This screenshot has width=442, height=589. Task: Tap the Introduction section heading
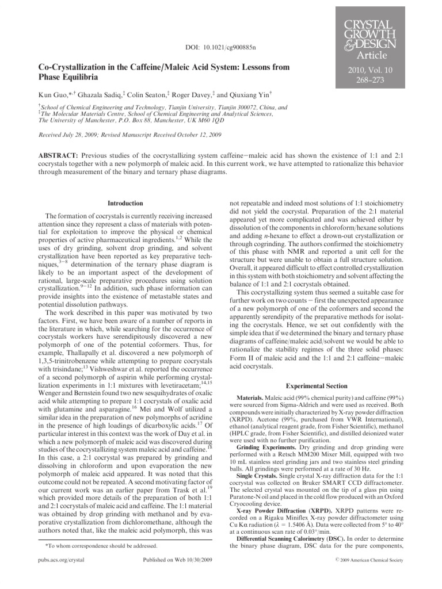pyautogui.click(x=126, y=203)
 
